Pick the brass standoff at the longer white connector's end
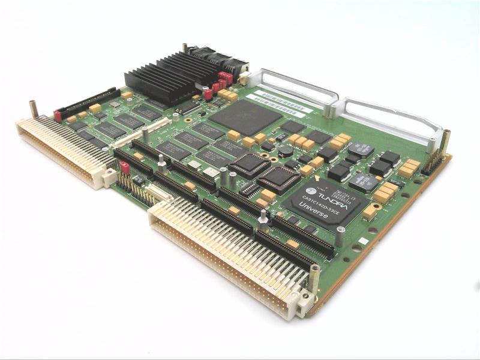pyautogui.click(x=314, y=277)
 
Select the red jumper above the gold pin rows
pyautogui.click(x=125, y=167)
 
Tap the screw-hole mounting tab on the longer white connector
pyautogui.click(x=305, y=301)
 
